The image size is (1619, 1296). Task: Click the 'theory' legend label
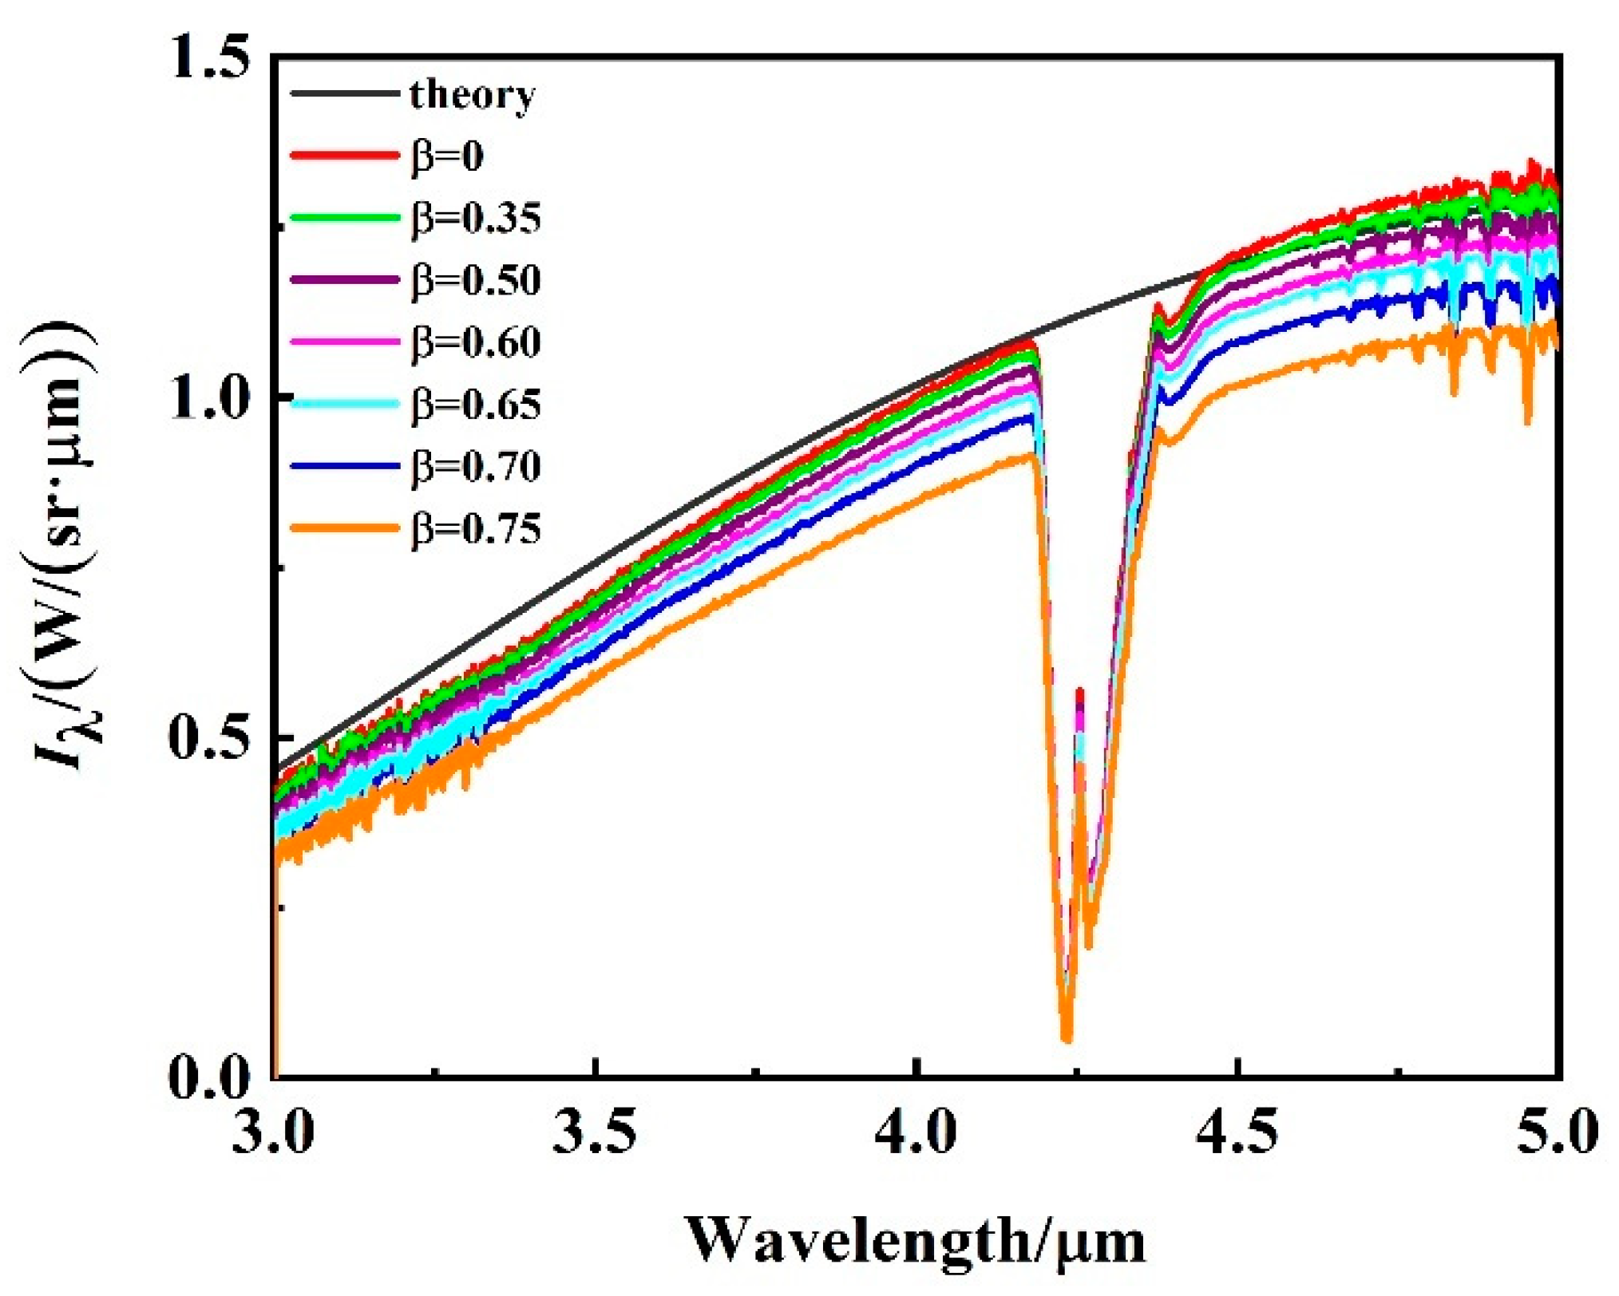(472, 95)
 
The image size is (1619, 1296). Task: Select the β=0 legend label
(448, 156)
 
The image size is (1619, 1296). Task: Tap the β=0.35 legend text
(476, 218)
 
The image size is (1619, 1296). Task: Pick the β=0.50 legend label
(476, 280)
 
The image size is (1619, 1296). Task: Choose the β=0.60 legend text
(476, 342)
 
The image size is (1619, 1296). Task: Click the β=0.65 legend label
(476, 405)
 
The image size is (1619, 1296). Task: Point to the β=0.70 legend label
(476, 467)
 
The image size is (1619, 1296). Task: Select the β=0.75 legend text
(476, 529)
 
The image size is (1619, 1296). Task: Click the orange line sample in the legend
(344, 528)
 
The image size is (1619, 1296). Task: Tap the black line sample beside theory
(344, 94)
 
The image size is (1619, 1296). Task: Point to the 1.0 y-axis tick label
(210, 397)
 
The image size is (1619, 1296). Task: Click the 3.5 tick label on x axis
(596, 1132)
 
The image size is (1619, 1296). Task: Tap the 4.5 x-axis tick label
(1237, 1132)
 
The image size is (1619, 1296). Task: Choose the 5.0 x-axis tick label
(1558, 1132)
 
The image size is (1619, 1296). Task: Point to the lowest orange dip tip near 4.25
(1067, 1039)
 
